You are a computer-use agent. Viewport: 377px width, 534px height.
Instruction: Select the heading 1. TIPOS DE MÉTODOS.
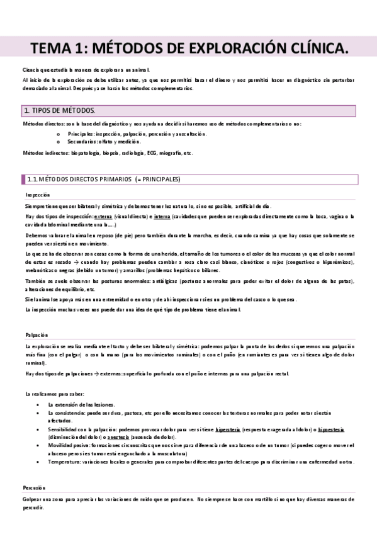(59, 111)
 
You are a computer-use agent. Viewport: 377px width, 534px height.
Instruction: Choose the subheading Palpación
(37, 335)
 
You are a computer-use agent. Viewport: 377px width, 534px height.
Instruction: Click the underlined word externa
(103, 216)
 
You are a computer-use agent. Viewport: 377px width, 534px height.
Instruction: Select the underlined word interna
(162, 216)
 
